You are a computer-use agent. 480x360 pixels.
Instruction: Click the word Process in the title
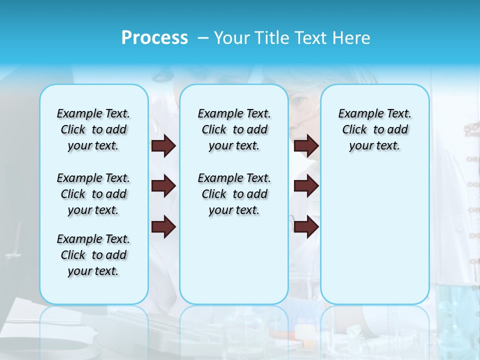154,38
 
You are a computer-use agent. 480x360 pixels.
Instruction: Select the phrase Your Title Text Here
292,38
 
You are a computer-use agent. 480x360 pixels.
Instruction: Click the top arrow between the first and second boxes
163,145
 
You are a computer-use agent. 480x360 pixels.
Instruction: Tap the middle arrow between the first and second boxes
163,186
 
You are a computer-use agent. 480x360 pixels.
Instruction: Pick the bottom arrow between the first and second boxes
163,227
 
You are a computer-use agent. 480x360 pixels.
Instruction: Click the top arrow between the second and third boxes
306,145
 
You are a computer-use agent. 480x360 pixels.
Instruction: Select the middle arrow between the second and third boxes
306,186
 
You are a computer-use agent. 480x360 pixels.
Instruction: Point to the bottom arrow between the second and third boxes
306,227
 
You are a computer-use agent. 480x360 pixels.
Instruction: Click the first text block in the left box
93,129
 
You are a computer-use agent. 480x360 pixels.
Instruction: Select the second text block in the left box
93,194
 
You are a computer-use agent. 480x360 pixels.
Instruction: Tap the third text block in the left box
93,255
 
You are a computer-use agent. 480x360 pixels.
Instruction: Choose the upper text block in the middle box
234,129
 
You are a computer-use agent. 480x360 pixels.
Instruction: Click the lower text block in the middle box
234,194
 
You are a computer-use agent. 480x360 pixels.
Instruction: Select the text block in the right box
374,129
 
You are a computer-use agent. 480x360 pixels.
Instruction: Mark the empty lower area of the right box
374,235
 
